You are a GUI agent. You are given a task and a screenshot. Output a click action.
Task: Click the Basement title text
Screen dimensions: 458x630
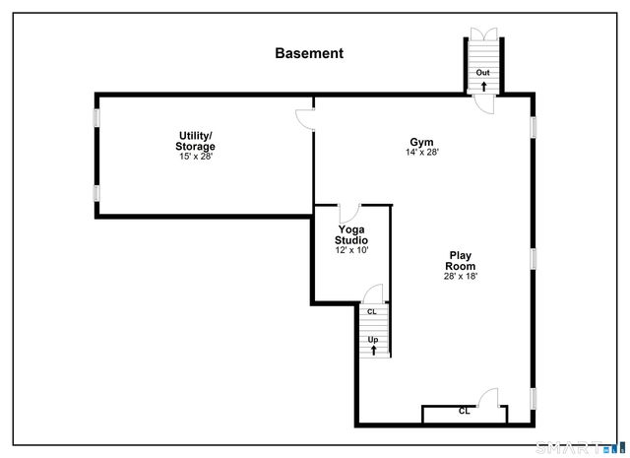[x=309, y=54]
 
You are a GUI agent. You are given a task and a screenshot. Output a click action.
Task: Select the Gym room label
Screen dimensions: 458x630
[x=421, y=142]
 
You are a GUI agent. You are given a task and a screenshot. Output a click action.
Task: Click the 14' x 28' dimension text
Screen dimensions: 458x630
[x=421, y=153]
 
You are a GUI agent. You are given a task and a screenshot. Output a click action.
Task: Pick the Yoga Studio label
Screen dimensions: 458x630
[x=351, y=234]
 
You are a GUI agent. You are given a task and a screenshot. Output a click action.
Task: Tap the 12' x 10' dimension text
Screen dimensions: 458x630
[x=351, y=250]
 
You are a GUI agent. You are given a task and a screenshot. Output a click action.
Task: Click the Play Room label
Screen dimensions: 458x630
[x=460, y=261]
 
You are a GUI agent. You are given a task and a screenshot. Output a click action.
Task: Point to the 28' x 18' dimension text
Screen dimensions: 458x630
[x=460, y=277]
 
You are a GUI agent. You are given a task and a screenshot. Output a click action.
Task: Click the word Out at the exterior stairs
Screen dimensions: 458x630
[x=483, y=73]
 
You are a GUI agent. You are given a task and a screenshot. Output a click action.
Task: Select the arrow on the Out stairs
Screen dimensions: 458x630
[x=483, y=86]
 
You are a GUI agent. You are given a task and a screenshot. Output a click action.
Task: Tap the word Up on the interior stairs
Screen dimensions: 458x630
[x=373, y=340]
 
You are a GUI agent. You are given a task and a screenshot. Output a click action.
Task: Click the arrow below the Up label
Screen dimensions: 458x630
[x=373, y=350]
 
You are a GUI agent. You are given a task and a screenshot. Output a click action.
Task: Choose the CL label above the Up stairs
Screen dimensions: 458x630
[x=371, y=312]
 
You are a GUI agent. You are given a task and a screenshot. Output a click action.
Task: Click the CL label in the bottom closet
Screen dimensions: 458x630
[x=464, y=412]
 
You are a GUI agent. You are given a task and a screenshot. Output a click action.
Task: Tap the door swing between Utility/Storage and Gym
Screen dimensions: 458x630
[x=305, y=117]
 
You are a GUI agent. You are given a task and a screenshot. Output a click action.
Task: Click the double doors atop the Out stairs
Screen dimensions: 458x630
[x=483, y=33]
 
